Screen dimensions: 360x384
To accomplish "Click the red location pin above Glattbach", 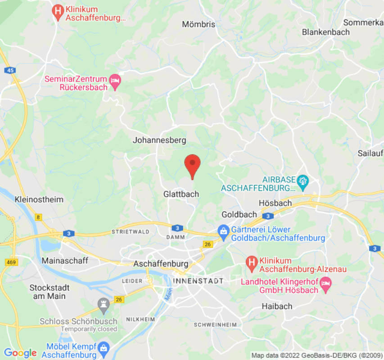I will tap(193, 164).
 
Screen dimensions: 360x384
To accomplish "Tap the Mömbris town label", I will tap(199, 24).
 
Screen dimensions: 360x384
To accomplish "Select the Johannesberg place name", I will tap(159, 140).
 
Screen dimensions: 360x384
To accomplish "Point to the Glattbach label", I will tap(181, 194).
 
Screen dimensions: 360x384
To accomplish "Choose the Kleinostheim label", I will tap(39, 199).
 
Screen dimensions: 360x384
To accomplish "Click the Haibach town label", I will tap(277, 306).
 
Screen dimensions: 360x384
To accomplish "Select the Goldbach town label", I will tap(239, 214).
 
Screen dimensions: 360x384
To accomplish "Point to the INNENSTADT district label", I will tap(198, 281).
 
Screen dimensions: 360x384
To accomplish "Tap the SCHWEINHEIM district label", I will tap(215, 324).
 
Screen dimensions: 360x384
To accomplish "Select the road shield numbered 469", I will tap(11, 262).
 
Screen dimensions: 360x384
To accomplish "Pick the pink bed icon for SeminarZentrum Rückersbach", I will tap(116, 80).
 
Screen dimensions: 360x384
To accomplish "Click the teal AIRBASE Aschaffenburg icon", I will tap(303, 180).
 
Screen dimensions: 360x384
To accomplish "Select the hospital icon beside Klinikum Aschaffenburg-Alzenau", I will tap(251, 261).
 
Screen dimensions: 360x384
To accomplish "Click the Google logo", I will tap(20, 353).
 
